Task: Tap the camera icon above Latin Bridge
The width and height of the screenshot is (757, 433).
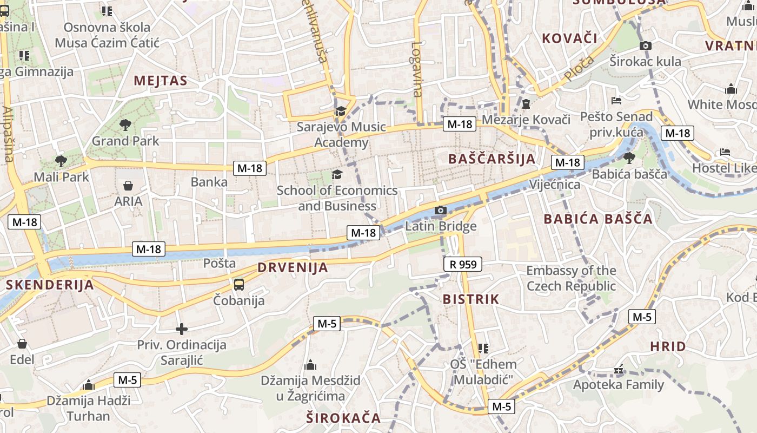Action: click(x=441, y=210)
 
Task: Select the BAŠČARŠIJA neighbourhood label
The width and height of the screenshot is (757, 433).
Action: click(x=492, y=159)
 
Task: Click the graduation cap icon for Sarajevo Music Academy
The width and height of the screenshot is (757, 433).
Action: click(x=340, y=111)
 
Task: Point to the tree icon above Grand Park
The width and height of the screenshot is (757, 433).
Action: click(x=125, y=125)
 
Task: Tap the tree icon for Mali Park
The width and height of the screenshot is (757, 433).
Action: click(x=61, y=161)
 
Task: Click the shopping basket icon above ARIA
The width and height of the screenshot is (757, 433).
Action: click(x=128, y=186)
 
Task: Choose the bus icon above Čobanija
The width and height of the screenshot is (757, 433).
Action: click(x=238, y=284)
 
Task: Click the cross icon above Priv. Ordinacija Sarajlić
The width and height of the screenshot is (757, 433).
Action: click(x=182, y=329)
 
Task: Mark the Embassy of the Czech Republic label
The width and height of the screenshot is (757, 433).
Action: click(x=571, y=278)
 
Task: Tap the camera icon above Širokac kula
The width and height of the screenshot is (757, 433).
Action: click(x=645, y=46)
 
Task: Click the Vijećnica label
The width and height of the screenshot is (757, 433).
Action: click(x=555, y=185)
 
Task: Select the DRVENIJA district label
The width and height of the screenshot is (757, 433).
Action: click(x=293, y=267)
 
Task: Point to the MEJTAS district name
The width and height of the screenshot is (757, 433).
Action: click(x=160, y=81)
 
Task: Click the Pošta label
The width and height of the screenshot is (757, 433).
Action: click(x=220, y=264)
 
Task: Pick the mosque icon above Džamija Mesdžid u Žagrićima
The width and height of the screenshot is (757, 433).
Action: click(x=310, y=365)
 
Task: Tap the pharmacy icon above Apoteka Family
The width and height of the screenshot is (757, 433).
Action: click(x=619, y=370)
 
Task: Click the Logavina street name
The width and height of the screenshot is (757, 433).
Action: click(x=416, y=69)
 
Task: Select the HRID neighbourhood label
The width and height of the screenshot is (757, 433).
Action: click(x=668, y=346)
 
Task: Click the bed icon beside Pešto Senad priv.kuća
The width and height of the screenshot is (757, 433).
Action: click(x=616, y=100)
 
